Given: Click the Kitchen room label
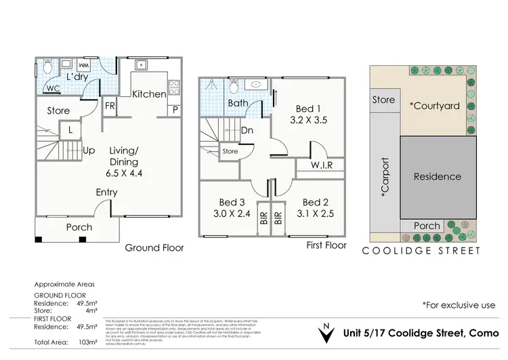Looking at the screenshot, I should (148, 94).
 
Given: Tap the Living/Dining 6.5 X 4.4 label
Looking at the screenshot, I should (124, 162).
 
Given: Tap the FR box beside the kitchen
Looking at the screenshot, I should (110, 106).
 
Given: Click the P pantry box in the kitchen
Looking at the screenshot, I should (175, 110).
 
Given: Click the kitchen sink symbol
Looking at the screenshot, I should (142, 66).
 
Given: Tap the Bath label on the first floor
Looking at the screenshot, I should (237, 104).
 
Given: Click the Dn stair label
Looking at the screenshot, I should (247, 130).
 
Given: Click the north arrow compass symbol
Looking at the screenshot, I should (327, 333).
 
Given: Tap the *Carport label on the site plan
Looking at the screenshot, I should (385, 177).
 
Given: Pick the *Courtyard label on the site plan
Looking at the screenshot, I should (434, 106).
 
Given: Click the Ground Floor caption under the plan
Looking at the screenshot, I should (154, 247).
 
